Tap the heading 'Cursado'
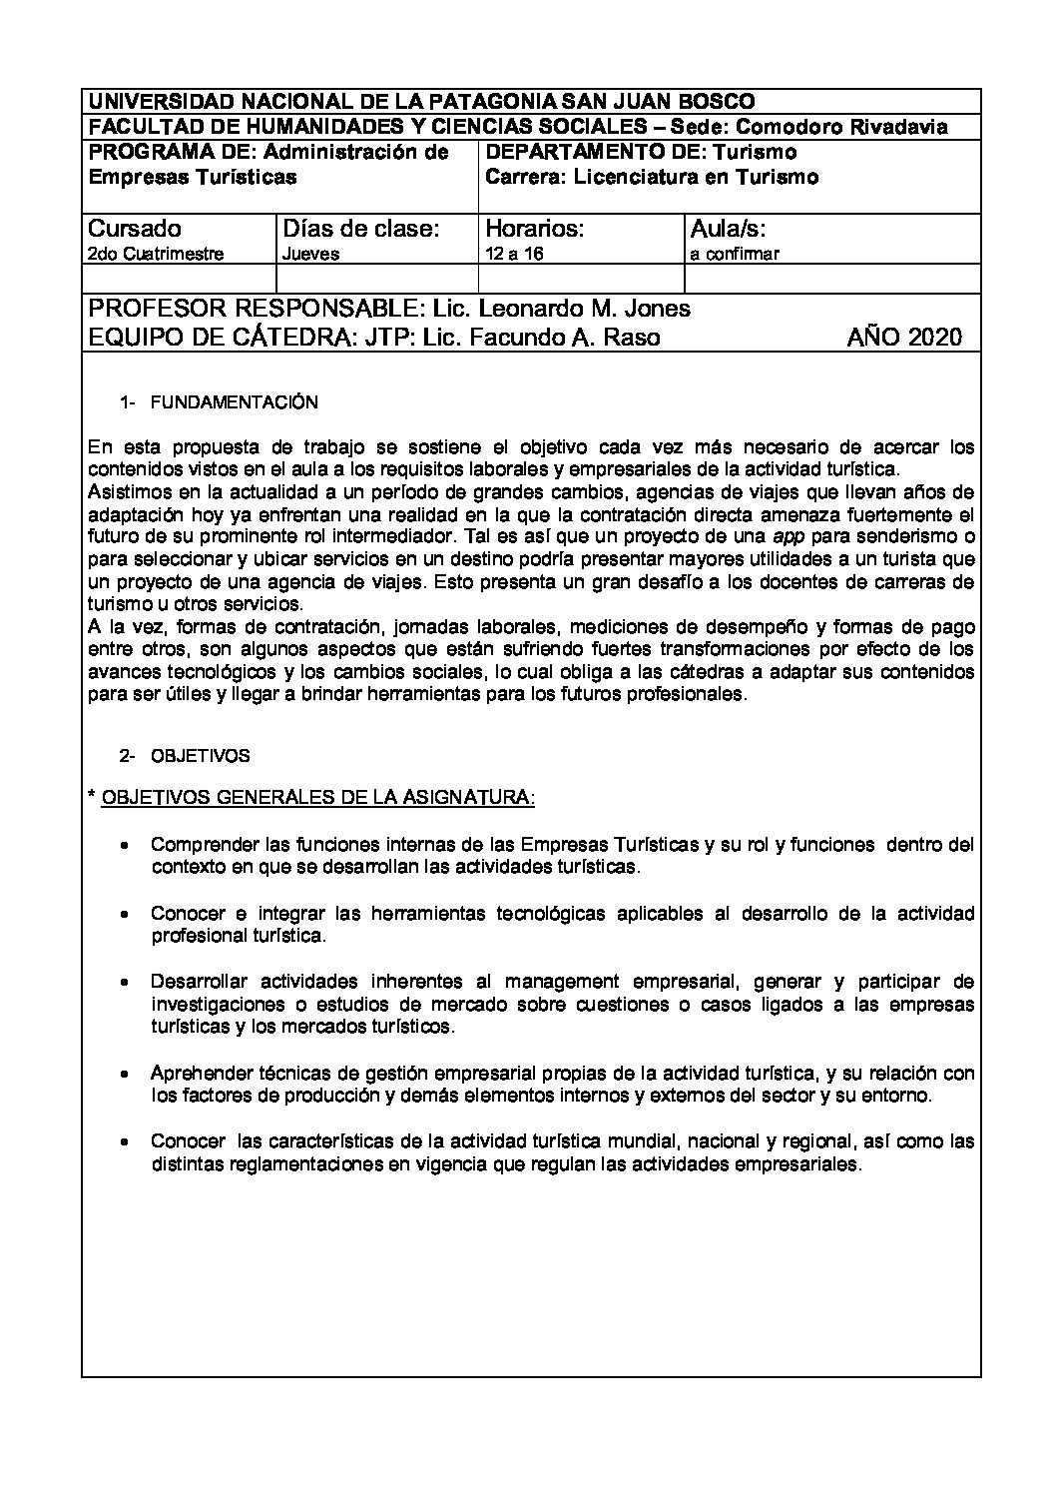[x=136, y=228]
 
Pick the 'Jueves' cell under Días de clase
[x=310, y=254]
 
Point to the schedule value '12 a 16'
[x=513, y=254]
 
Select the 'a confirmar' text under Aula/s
[x=734, y=254]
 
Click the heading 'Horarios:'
[x=534, y=228]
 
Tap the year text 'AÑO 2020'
[x=904, y=337]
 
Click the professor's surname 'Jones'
[x=657, y=309]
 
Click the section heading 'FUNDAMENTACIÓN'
[x=234, y=402]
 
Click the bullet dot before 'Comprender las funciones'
[x=123, y=845]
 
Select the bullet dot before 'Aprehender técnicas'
[x=123, y=1074]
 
